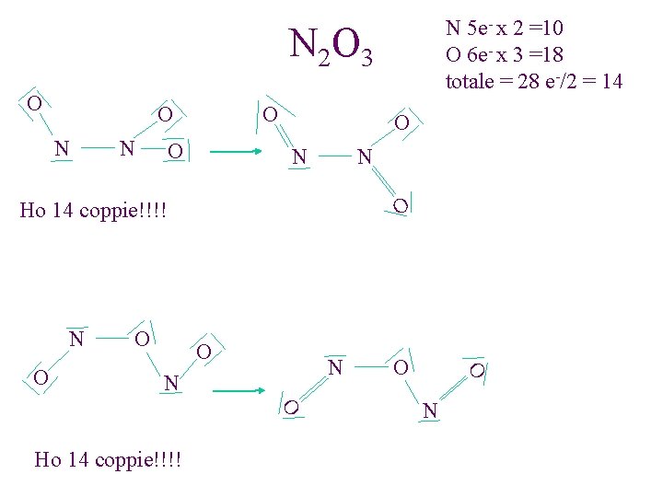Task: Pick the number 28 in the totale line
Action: (x=529, y=81)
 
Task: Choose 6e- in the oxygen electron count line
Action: (x=482, y=54)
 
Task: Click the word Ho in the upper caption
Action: (x=33, y=212)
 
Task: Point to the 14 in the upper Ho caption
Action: (x=64, y=212)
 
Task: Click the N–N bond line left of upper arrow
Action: (x=95, y=147)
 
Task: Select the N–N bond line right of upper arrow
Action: (x=333, y=155)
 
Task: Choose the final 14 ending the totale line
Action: (x=611, y=81)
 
